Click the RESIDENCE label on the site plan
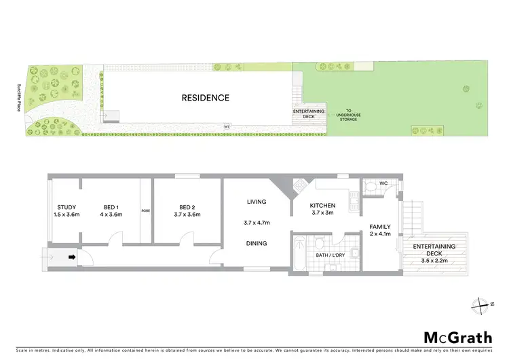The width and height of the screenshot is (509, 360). (205, 98)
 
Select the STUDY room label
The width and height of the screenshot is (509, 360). (67, 207)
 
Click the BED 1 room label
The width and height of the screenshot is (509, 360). (111, 207)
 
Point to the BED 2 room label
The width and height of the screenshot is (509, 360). (187, 207)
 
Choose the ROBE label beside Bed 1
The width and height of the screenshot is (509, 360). (146, 211)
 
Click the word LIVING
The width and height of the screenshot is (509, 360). (257, 202)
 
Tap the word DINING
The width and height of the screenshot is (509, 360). (257, 243)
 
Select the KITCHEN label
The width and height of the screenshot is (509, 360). (323, 205)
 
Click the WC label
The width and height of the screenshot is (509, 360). (384, 184)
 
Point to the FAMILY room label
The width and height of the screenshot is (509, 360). (381, 227)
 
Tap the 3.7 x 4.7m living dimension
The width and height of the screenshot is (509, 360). (257, 222)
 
